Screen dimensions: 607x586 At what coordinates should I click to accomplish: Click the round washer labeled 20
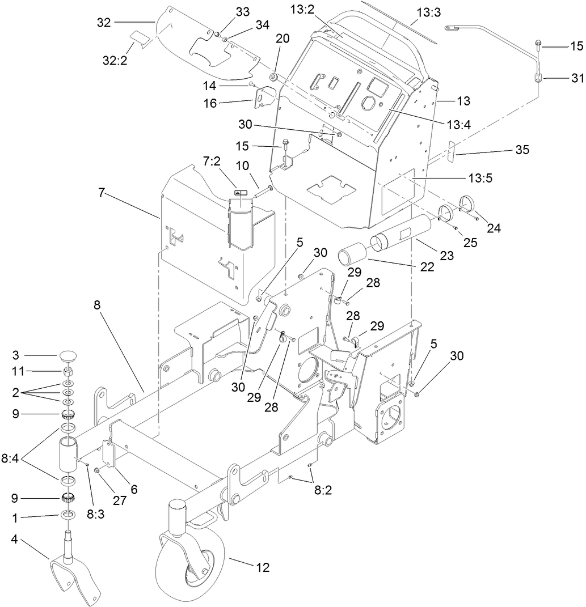tap(273, 77)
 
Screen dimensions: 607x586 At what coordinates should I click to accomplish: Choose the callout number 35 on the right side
tap(521, 150)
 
